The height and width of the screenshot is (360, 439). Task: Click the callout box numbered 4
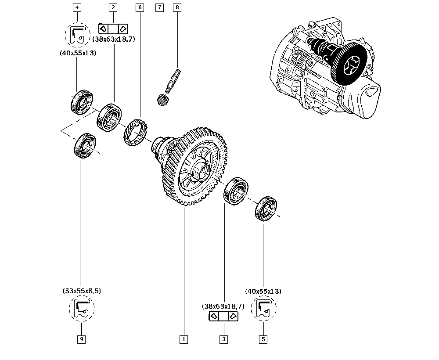click(x=77, y=7)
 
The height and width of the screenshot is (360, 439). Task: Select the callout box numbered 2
click(x=113, y=7)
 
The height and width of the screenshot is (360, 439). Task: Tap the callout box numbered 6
click(x=140, y=7)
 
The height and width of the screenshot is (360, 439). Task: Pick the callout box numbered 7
click(x=160, y=7)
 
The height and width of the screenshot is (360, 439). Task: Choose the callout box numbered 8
click(x=177, y=7)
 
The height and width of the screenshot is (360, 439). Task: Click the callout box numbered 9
click(x=82, y=339)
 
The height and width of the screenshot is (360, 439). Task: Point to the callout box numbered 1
click(x=184, y=339)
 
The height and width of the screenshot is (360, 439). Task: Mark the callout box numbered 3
click(x=224, y=339)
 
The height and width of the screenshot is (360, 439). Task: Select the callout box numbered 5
click(x=263, y=339)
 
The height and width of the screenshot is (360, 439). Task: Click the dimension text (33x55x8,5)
click(x=82, y=291)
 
